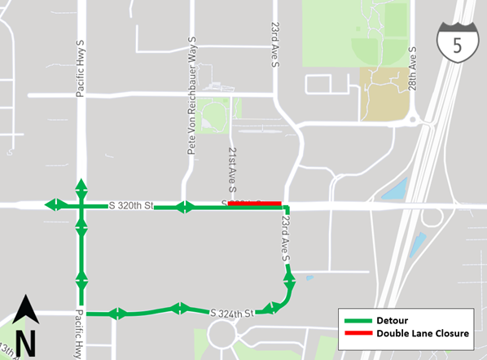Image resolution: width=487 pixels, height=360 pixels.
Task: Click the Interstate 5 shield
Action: (457, 46)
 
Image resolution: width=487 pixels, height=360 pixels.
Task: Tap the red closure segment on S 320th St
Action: (254, 204)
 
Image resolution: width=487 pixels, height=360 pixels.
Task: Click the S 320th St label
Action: (130, 206)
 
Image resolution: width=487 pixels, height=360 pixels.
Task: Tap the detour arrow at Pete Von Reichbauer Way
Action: (185, 208)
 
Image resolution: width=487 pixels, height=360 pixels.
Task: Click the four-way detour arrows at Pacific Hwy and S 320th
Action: (81, 204)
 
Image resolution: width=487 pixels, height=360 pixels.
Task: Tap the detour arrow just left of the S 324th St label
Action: (178, 308)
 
